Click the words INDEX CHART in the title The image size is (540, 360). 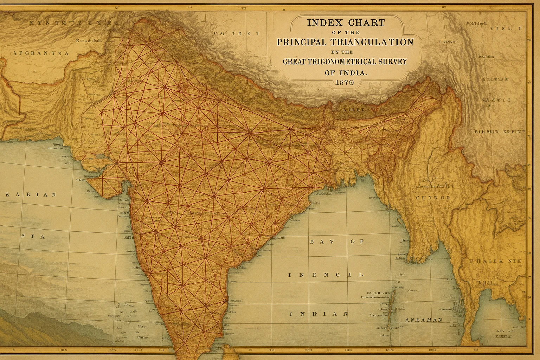(x=346, y=23)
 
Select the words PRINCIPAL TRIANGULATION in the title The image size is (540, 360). (x=345, y=42)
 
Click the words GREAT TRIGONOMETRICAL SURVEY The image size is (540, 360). (x=345, y=62)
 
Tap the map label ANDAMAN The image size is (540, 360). (x=423, y=320)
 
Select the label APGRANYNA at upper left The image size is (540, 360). (x=41, y=53)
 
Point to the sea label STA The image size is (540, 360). (x=33, y=237)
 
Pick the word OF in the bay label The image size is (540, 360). (x=358, y=242)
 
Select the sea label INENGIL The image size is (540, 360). (x=326, y=275)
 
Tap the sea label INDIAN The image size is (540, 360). (x=319, y=314)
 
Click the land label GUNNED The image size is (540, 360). (x=433, y=198)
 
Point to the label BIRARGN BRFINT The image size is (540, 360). (x=499, y=132)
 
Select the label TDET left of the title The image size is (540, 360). (x=243, y=34)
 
